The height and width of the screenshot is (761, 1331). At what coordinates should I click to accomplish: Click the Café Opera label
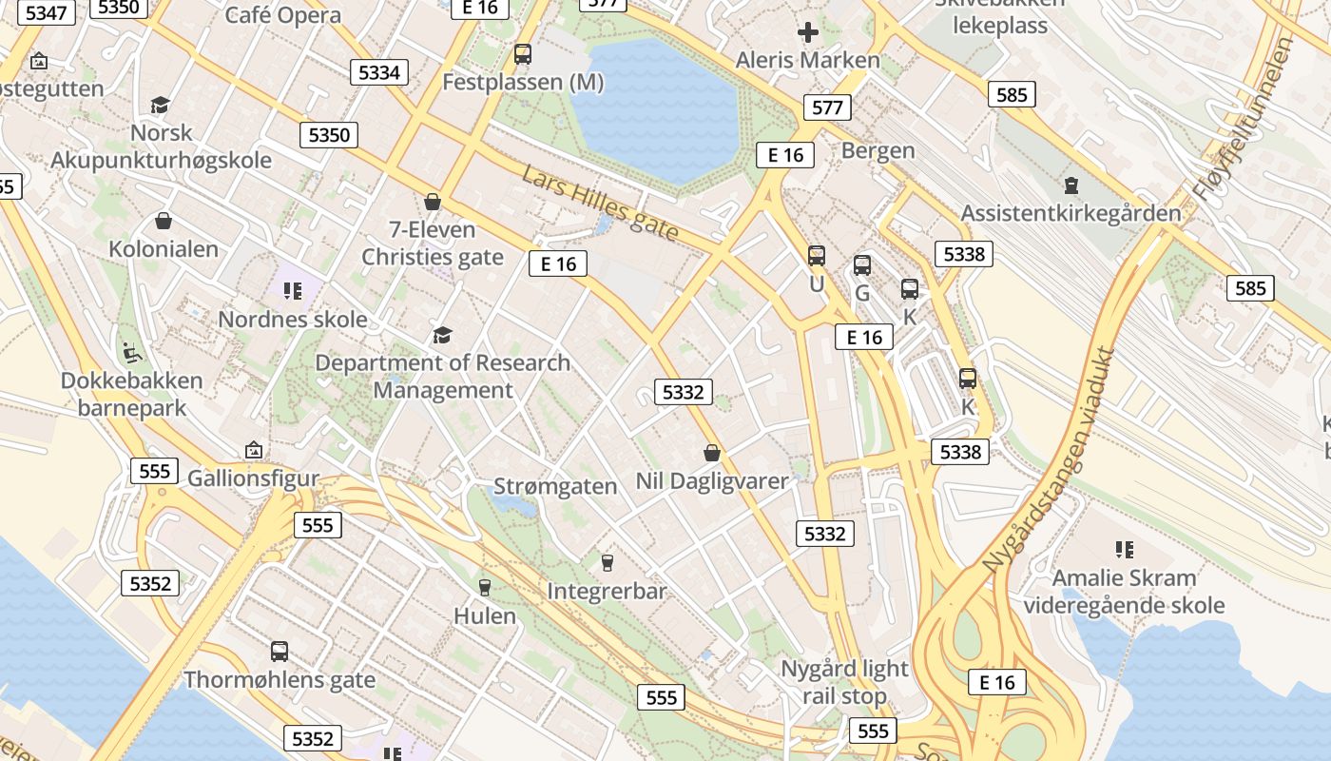tap(283, 15)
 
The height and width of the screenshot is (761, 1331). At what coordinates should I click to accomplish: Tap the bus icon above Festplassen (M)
tap(522, 54)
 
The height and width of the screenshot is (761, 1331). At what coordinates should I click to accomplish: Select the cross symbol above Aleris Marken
tap(808, 33)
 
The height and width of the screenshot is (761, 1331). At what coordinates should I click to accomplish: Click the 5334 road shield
tap(379, 72)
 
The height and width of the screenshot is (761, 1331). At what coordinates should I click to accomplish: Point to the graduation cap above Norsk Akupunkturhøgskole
tap(160, 105)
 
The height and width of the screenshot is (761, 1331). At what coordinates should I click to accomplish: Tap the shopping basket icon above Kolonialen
tap(164, 222)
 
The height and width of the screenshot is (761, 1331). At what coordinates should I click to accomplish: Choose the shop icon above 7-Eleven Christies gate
tap(433, 202)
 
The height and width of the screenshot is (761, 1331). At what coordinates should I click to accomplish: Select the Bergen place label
tap(878, 150)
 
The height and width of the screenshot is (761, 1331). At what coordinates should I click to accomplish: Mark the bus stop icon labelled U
tap(817, 256)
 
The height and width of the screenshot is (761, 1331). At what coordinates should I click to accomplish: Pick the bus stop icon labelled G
tap(862, 265)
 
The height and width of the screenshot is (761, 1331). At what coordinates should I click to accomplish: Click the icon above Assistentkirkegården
tap(1071, 185)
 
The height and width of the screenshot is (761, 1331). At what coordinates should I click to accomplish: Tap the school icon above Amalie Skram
tap(1124, 549)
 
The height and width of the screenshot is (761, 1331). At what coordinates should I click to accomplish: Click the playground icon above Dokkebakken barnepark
tap(132, 353)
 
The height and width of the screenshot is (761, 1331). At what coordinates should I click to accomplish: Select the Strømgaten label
tap(555, 486)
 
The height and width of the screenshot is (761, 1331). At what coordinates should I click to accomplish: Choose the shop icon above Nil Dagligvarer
tap(711, 453)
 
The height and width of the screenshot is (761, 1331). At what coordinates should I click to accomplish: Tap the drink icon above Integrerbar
tap(608, 563)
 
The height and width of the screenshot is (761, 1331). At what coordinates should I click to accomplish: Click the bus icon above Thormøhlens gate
tap(280, 652)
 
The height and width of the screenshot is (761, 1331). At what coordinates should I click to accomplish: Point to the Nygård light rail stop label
tap(844, 682)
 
